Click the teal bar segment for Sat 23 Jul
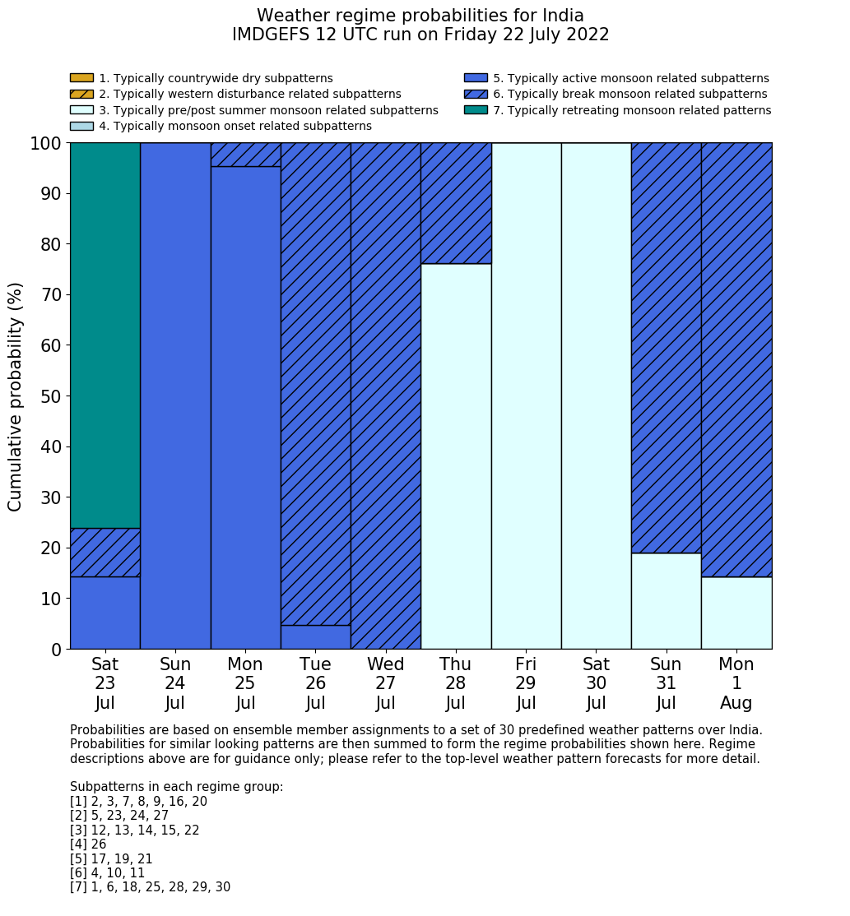pos(105,335)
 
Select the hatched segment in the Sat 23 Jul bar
pos(105,553)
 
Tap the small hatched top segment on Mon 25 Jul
pos(245,155)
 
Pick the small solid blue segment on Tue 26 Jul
pos(315,637)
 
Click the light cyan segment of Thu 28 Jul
pos(456,456)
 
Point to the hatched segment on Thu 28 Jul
pos(456,203)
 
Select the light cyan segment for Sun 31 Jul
pos(666,601)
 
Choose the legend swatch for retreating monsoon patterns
pos(476,110)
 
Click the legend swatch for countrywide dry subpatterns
pos(81,78)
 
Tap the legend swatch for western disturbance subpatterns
pos(81,95)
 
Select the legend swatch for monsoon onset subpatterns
pos(81,126)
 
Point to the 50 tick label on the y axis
pos(51,396)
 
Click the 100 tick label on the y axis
pos(46,144)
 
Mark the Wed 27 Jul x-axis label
pos(386,683)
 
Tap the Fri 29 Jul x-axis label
pos(526,683)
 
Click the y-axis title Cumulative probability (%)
pos(16,396)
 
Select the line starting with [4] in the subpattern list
pos(88,844)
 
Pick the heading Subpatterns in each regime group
pos(176,787)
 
